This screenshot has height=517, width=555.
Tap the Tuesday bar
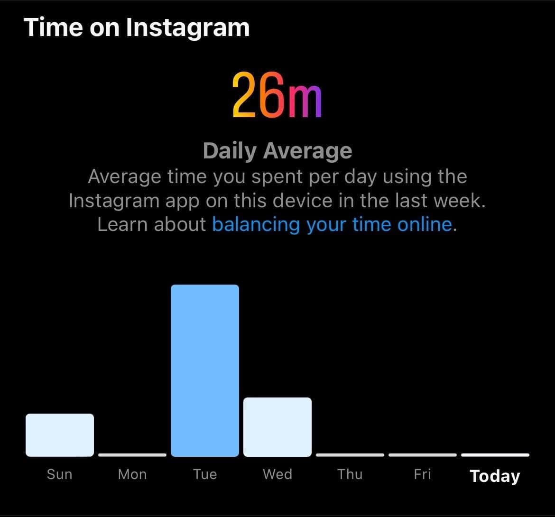click(x=204, y=370)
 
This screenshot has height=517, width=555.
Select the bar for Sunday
click(x=60, y=435)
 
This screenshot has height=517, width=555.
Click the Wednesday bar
click(x=277, y=427)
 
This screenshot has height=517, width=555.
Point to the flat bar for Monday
click(x=132, y=455)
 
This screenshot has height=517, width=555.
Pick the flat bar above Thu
click(x=350, y=455)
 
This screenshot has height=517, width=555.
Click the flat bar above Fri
click(x=423, y=455)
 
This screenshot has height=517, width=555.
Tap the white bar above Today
click(x=495, y=455)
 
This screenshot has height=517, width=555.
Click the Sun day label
click(x=59, y=474)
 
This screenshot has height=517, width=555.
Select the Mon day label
click(x=132, y=474)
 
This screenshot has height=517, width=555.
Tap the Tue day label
click(x=205, y=474)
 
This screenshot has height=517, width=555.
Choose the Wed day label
click(x=277, y=474)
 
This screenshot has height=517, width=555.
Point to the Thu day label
click(x=350, y=474)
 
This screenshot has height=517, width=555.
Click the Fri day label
click(x=423, y=474)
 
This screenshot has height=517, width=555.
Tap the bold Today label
click(x=495, y=476)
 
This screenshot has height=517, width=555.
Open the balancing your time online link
click(x=333, y=225)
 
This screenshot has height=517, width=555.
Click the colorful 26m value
click(x=277, y=95)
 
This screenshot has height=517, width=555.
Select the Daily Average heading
click(x=277, y=151)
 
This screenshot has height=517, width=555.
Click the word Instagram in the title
click(x=188, y=28)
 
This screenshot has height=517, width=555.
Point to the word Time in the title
click(x=53, y=27)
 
